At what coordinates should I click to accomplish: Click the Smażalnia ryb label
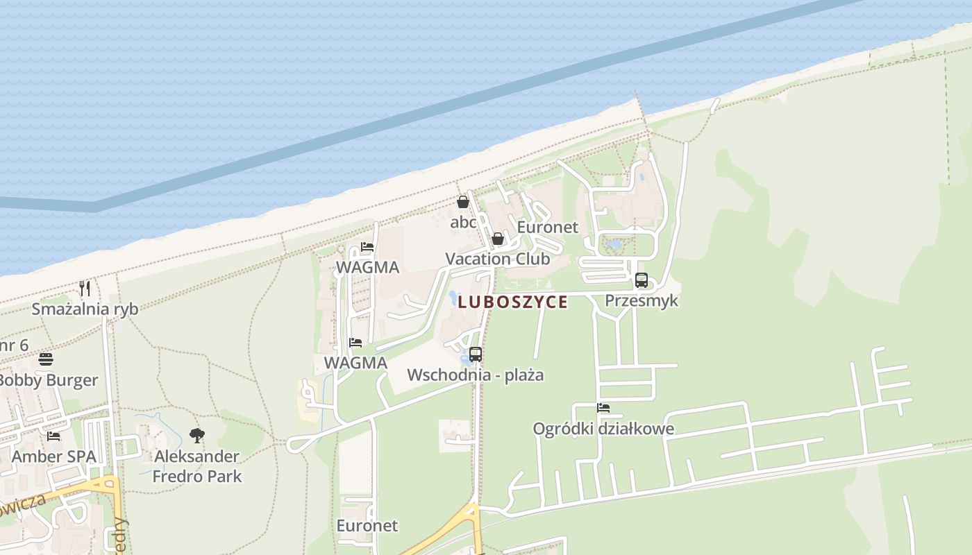point(85,309)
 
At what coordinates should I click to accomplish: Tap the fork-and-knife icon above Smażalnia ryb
point(85,288)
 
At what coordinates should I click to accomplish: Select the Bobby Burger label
point(47,380)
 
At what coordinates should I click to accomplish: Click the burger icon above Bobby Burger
point(46,359)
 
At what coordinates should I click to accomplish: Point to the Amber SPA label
point(53,457)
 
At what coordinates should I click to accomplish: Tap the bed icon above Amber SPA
point(53,436)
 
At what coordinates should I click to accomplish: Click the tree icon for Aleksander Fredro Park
point(197,436)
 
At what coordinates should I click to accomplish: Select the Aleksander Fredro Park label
point(197,466)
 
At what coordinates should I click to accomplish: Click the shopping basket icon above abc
point(463,202)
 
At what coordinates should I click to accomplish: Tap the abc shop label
point(463,223)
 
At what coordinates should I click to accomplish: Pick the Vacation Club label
point(497,259)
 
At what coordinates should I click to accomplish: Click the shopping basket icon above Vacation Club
point(498,239)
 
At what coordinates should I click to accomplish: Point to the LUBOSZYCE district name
point(512,302)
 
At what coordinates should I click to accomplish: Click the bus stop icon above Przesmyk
point(642,281)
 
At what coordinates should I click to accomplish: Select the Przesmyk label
point(642,301)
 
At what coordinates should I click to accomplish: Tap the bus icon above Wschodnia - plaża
point(476,355)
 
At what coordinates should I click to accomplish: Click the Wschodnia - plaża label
point(476,375)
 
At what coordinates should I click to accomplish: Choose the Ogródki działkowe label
point(603,429)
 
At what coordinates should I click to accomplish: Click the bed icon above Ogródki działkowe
point(603,408)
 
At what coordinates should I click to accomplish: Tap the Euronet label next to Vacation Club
point(548,228)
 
